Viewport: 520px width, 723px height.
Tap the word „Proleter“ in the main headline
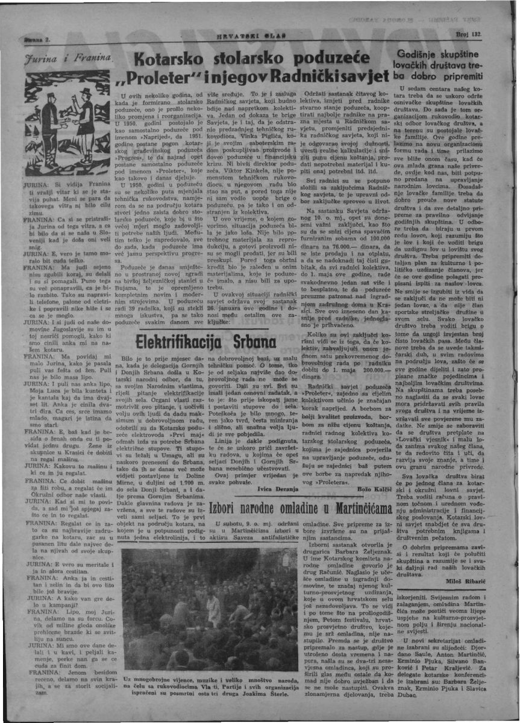click(155, 78)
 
